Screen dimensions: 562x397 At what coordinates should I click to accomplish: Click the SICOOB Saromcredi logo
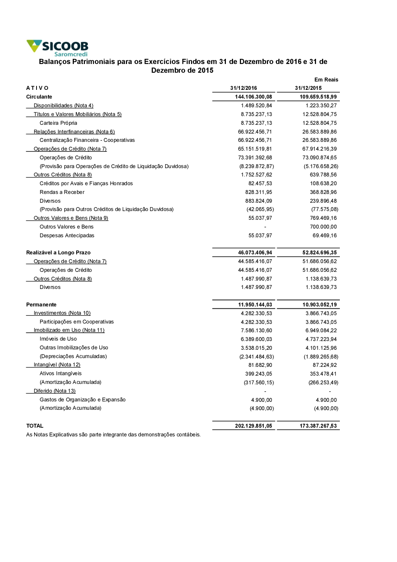tap(58, 48)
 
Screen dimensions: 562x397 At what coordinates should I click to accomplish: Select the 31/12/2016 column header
tap(243, 88)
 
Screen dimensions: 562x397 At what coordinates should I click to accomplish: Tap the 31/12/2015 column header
tap(308, 88)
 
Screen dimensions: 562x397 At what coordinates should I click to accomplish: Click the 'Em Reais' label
tap(326, 79)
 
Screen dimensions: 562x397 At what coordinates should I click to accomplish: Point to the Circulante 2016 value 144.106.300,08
tap(253, 97)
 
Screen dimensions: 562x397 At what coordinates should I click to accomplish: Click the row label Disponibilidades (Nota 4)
tap(64, 106)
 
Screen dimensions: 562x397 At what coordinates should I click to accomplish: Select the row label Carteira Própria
tap(58, 123)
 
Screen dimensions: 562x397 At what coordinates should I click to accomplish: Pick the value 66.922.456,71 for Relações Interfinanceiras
tap(255, 132)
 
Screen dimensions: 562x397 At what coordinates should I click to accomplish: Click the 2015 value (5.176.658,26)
tap(321, 167)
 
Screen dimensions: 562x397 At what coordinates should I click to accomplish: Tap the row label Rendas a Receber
tap(62, 192)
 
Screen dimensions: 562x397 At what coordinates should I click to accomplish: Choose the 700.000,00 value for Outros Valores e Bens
tap(323, 227)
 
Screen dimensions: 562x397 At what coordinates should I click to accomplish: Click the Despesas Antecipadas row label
tap(67, 236)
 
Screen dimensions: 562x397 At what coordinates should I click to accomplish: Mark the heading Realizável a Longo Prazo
tap(58, 253)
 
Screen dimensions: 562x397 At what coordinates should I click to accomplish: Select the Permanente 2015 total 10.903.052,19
tap(319, 305)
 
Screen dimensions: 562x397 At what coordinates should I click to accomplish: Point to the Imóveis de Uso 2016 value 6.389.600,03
tap(256, 339)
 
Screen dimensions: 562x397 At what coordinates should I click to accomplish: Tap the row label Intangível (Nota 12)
tap(57, 365)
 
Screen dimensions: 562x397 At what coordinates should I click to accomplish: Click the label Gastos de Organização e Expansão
tap(83, 400)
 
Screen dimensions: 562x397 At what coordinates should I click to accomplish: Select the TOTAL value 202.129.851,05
tap(253, 426)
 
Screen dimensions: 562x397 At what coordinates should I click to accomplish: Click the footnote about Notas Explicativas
tap(114, 435)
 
